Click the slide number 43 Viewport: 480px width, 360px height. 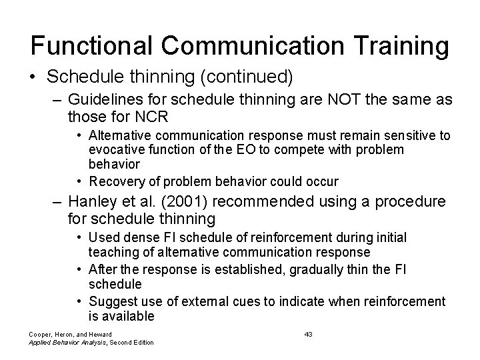coord(308,333)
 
